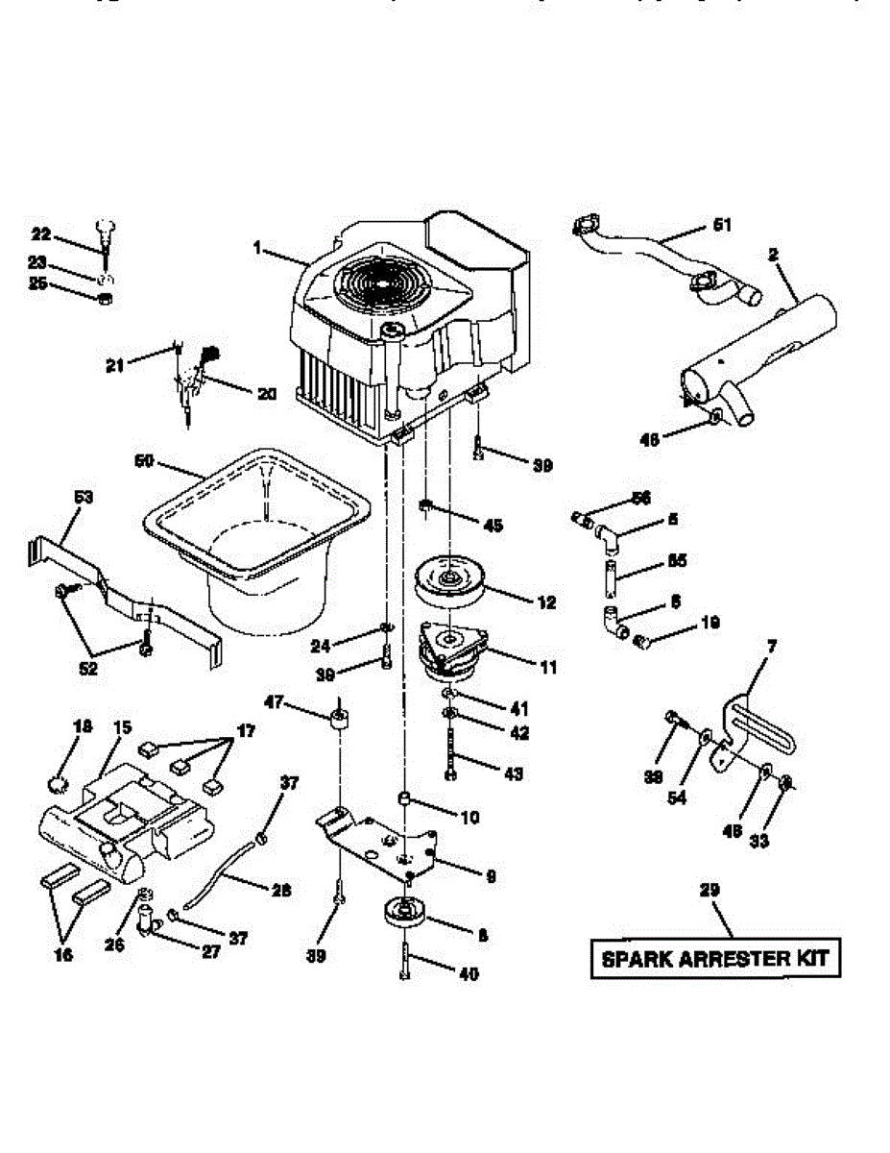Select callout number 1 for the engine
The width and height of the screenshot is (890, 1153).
click(x=257, y=248)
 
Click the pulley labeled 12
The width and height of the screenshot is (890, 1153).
click(x=449, y=583)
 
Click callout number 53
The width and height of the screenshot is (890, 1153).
click(x=84, y=497)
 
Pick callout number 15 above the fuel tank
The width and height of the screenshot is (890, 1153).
click(x=121, y=727)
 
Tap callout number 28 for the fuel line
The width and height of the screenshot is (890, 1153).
click(x=281, y=891)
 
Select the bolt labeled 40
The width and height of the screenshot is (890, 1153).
click(x=405, y=962)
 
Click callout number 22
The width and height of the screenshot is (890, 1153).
click(x=40, y=233)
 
